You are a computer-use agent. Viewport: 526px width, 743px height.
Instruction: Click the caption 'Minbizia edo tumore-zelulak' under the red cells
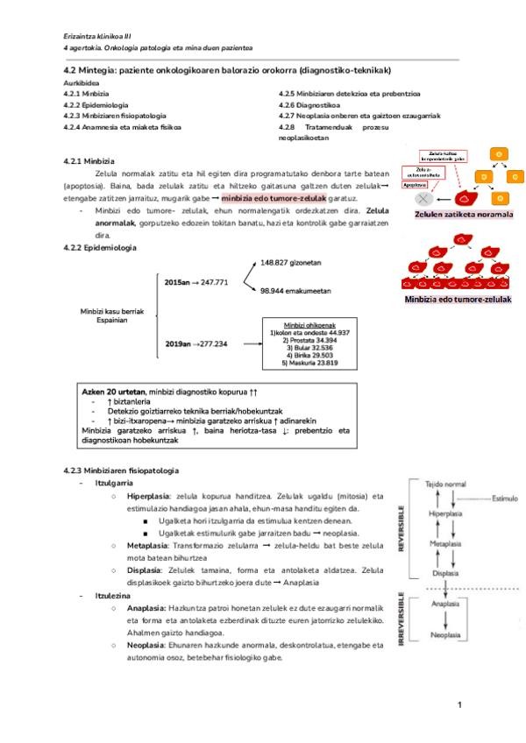[x=458, y=299]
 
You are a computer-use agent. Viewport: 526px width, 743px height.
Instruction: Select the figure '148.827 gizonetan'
[x=291, y=262]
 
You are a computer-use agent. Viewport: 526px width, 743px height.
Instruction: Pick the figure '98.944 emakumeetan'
[x=295, y=314]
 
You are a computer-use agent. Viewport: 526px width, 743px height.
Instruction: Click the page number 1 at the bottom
[x=460, y=705]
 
